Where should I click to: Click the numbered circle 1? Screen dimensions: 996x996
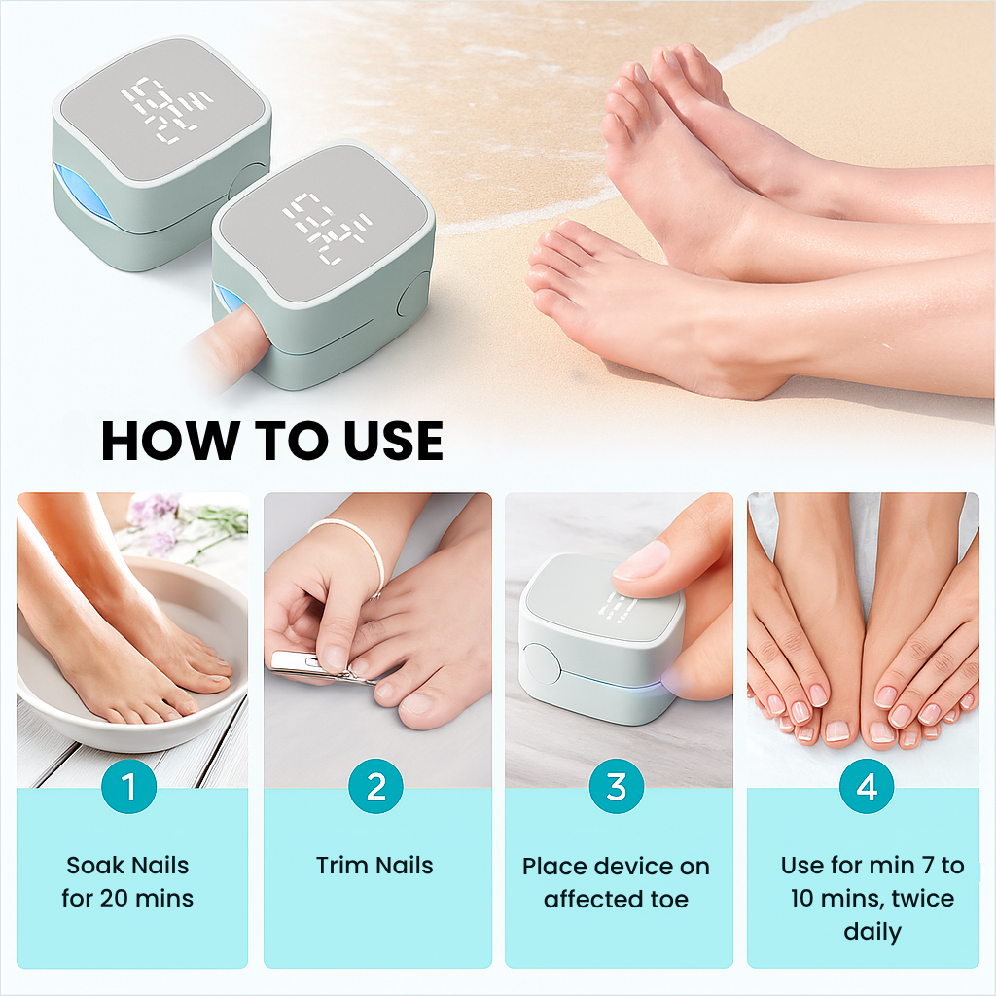pyautogui.click(x=129, y=786)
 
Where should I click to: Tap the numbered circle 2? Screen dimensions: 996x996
pyautogui.click(x=376, y=786)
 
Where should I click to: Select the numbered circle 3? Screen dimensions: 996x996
pyautogui.click(x=617, y=786)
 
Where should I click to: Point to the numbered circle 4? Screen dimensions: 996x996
pyautogui.click(x=867, y=786)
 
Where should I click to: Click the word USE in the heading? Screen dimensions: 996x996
pyautogui.click(x=393, y=441)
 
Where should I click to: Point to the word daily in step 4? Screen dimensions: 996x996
pyautogui.click(x=872, y=933)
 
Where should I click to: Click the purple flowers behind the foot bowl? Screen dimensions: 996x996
pyautogui.click(x=157, y=522)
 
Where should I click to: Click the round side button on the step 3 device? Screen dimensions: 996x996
pyautogui.click(x=541, y=664)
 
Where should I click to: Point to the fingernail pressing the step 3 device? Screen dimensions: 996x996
pyautogui.click(x=642, y=560)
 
